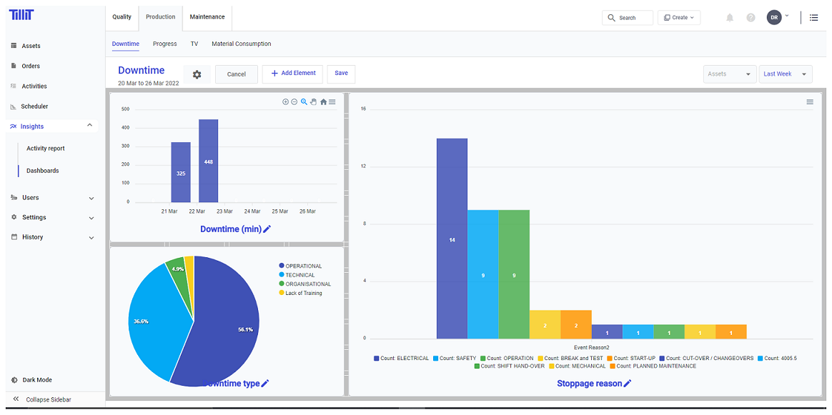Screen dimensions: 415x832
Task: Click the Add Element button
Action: (x=292, y=74)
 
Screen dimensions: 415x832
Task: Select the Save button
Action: (x=341, y=74)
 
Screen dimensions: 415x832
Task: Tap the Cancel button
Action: (x=237, y=74)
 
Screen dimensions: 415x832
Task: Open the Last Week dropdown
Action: (x=785, y=74)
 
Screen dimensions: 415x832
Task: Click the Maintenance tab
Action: (x=207, y=17)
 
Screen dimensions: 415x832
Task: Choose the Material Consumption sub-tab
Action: (x=241, y=44)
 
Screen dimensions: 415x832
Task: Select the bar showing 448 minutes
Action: (x=208, y=161)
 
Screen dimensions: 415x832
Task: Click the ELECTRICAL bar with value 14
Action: (x=452, y=239)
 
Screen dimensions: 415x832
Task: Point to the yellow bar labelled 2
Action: (x=545, y=324)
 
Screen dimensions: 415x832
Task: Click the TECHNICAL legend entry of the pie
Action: (x=299, y=275)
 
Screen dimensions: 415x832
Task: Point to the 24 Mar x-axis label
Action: (x=252, y=211)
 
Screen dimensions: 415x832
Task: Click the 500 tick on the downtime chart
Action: (x=125, y=109)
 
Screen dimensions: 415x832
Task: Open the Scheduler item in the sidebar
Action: (x=34, y=106)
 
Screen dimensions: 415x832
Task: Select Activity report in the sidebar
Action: (x=46, y=149)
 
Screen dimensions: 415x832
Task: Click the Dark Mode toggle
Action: (x=36, y=380)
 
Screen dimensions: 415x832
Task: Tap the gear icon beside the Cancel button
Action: (x=197, y=74)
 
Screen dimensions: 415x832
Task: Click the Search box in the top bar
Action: (x=628, y=18)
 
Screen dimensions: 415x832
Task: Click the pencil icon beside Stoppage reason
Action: (x=628, y=384)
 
